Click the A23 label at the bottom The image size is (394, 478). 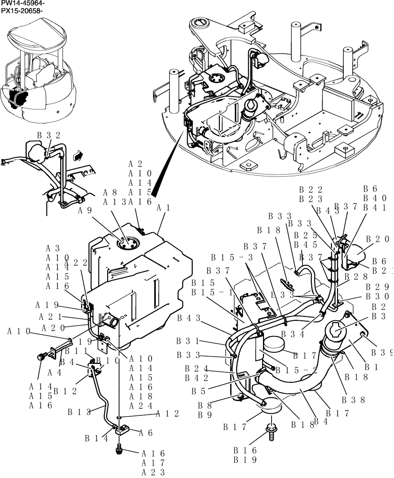coord(153,472)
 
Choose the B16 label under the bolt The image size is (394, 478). coord(245,450)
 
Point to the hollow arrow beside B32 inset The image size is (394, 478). coord(76,154)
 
